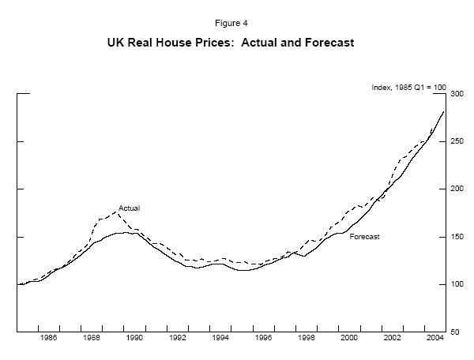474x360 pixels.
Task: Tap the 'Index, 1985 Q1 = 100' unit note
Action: tap(408, 87)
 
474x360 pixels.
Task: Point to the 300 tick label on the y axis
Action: tap(456, 94)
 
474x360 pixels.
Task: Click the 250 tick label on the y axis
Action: tap(456, 141)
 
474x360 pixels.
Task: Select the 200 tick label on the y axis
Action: tap(456, 189)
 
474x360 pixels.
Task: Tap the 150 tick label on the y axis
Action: tap(456, 236)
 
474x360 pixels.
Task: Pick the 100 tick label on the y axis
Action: tap(456, 283)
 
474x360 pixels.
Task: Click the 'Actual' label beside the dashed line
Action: tap(129, 208)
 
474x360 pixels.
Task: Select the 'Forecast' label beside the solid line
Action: tap(364, 236)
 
